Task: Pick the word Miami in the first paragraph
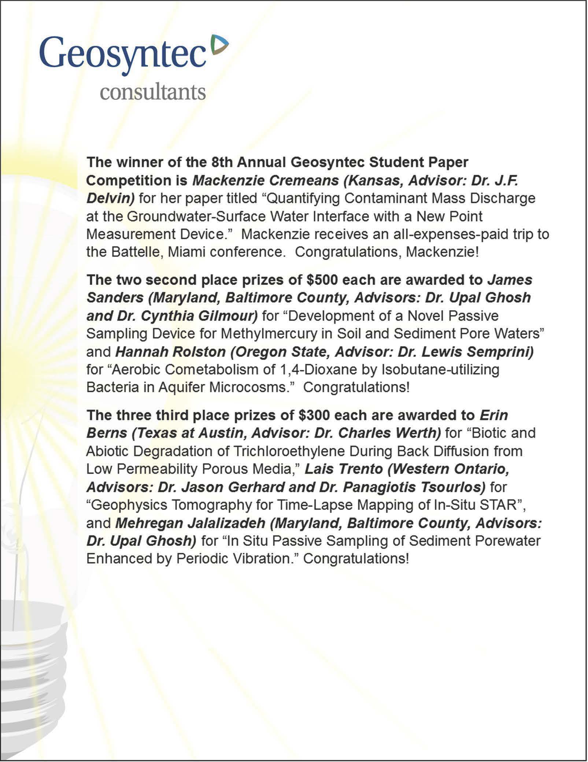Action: [186, 252]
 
